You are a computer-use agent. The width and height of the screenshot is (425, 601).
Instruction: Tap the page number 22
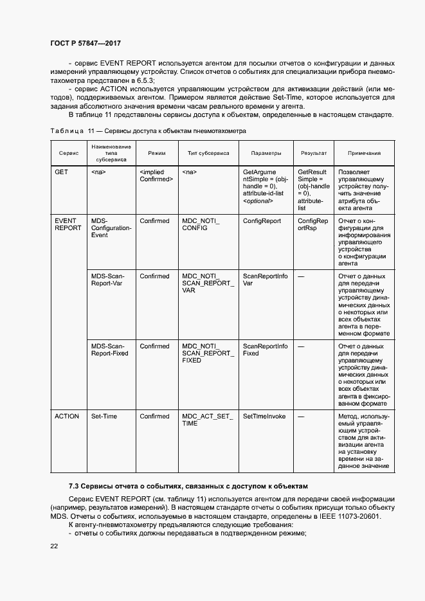click(54, 546)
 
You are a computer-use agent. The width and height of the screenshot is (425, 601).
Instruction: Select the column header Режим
click(156, 153)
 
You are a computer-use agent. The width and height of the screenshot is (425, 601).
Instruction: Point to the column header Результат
click(314, 153)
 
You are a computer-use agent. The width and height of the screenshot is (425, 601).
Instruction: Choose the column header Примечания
click(364, 153)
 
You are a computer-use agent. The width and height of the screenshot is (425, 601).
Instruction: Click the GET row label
click(61, 172)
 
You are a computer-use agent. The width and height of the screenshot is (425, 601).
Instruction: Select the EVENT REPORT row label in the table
click(68, 224)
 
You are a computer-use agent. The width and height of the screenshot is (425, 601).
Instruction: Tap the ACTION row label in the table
click(67, 417)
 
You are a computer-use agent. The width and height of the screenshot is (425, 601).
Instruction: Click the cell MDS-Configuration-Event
click(111, 228)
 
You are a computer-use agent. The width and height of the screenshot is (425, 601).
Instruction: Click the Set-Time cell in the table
click(104, 417)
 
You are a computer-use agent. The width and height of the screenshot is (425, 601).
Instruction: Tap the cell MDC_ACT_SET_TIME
click(207, 420)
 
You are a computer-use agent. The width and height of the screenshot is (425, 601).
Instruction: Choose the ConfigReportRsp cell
click(313, 224)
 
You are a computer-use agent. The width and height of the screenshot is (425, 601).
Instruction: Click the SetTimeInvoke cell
click(264, 417)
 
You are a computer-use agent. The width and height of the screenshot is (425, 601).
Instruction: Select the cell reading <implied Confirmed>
click(156, 175)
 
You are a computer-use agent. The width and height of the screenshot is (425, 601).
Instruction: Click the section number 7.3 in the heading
click(74, 486)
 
